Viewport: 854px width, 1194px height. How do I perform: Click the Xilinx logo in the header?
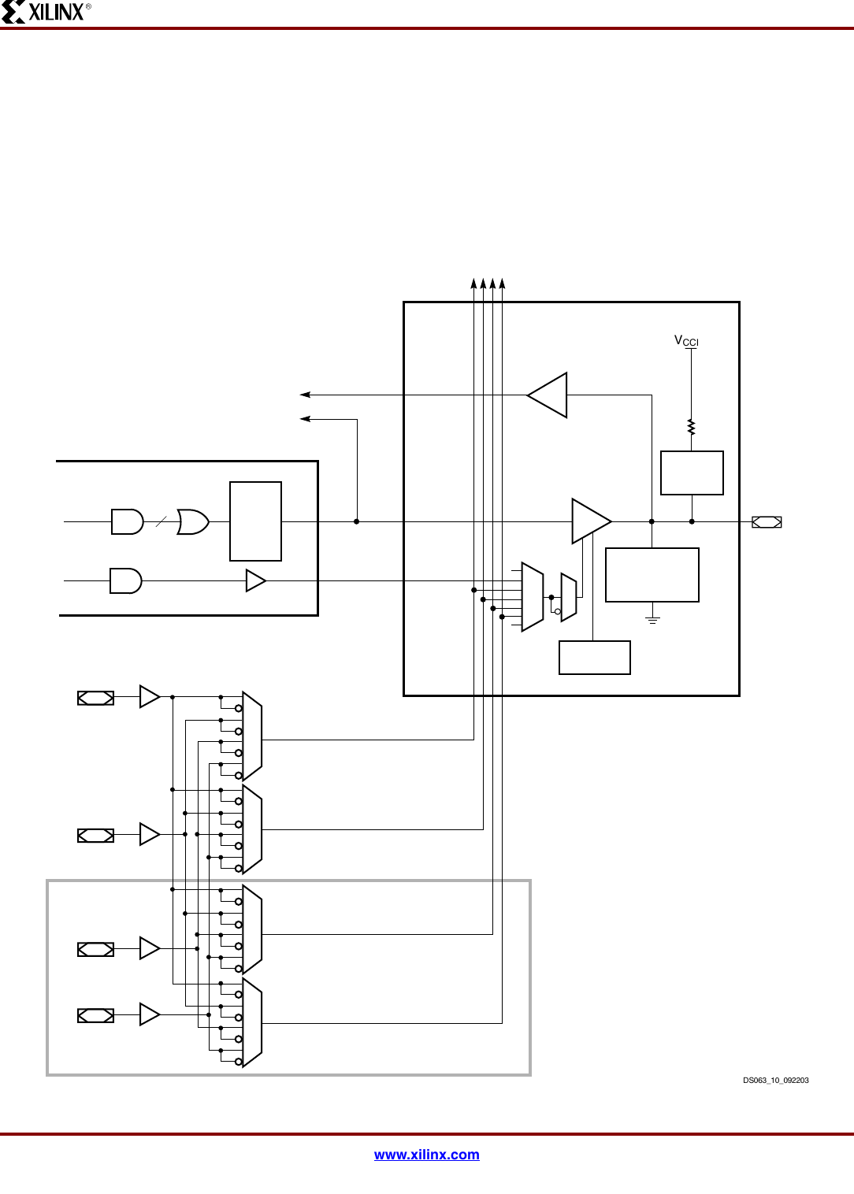coord(46,12)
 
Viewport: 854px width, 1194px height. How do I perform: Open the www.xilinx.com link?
coord(426,1155)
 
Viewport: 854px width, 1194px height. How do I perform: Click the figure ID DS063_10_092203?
coord(775,1081)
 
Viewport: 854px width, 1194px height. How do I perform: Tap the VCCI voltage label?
coord(685,341)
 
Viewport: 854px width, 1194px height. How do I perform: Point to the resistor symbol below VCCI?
coord(691,427)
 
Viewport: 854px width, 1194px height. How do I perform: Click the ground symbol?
coord(652,620)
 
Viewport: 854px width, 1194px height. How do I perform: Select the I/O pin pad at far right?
coord(767,522)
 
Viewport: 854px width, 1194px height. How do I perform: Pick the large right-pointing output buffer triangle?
coord(590,521)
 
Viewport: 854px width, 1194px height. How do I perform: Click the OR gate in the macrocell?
coord(192,521)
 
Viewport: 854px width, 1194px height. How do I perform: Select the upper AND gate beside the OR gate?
coord(127,521)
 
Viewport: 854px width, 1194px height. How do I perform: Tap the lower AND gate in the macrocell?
coord(125,580)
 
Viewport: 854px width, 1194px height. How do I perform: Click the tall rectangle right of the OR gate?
coord(255,521)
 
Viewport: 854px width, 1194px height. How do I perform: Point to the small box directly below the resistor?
coord(692,473)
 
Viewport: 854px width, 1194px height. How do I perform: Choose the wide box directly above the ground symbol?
coord(652,575)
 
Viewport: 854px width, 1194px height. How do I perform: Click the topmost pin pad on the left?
coord(95,698)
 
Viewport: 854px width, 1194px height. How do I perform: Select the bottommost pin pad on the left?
coord(95,1016)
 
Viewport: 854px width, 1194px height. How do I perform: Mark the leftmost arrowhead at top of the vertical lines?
coord(473,284)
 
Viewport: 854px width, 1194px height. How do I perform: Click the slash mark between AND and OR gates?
coord(161,521)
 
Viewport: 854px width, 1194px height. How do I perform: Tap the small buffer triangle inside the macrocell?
coord(255,580)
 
